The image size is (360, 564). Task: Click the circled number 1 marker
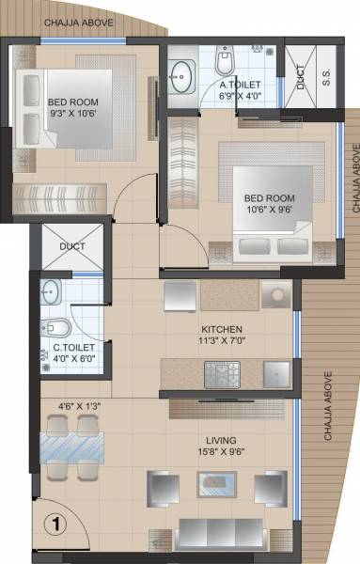(x=55, y=520)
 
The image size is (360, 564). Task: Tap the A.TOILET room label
(x=227, y=85)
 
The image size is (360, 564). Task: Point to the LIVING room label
(x=222, y=440)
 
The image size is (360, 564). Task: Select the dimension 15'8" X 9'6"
(x=222, y=453)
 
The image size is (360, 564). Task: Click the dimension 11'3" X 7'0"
(x=221, y=342)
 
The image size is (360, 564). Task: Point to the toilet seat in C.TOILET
(x=55, y=328)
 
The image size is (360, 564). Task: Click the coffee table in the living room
(x=215, y=486)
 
